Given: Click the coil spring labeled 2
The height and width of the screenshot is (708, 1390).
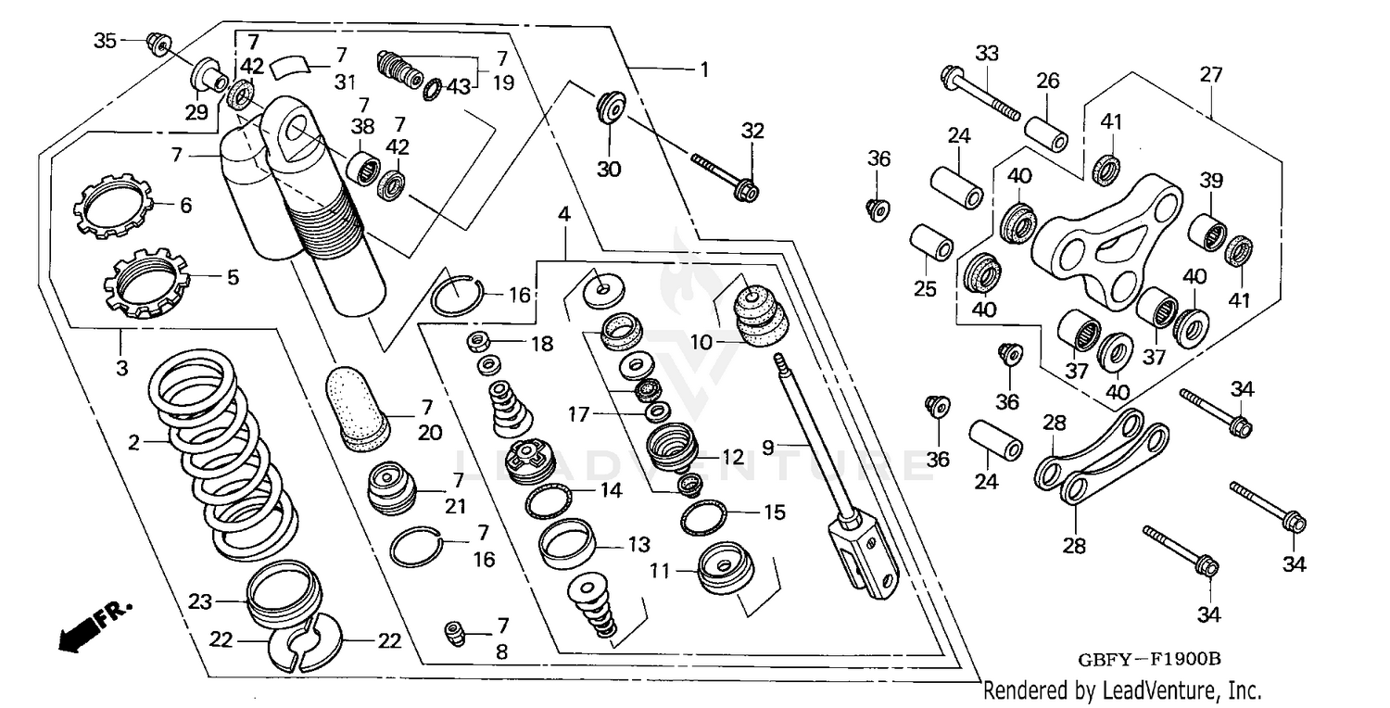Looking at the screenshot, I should [x=222, y=454].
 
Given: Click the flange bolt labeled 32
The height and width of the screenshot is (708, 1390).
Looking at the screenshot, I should [x=723, y=175].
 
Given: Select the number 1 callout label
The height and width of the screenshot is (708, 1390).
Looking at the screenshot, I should [x=704, y=70].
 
